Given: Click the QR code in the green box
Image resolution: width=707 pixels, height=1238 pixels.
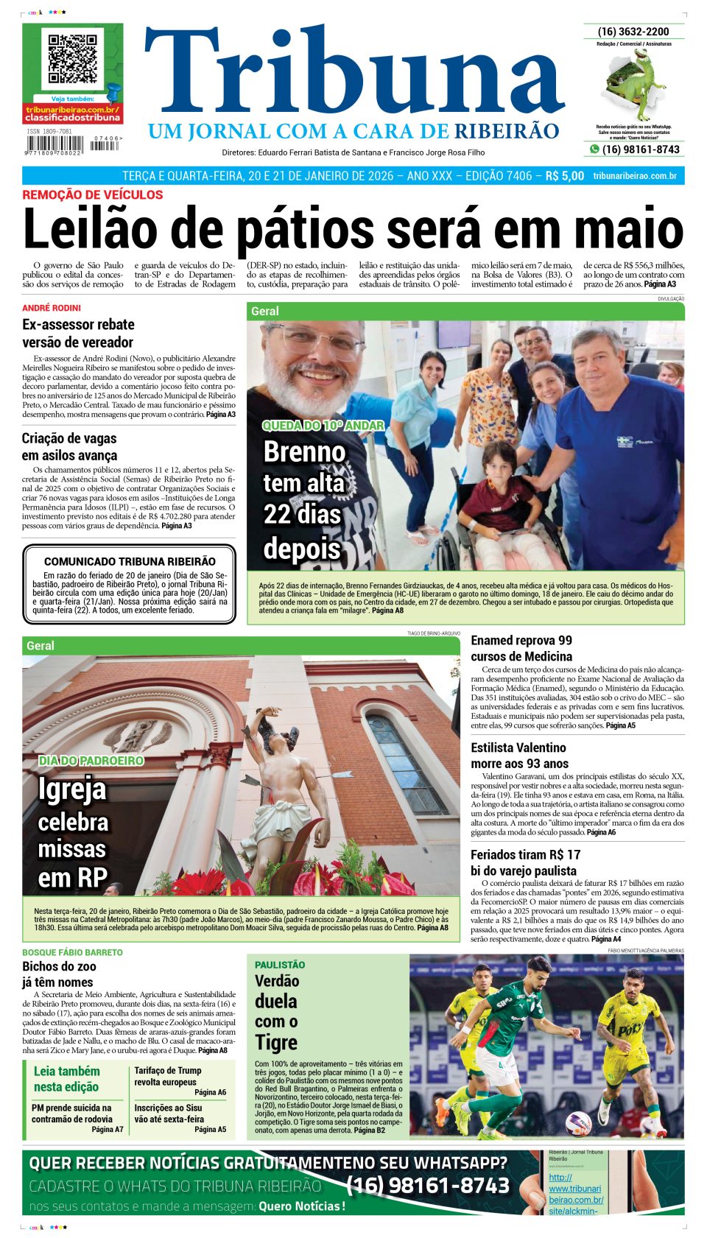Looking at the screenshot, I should click(x=73, y=58).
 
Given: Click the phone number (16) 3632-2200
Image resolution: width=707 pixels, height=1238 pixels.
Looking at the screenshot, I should click(x=633, y=32).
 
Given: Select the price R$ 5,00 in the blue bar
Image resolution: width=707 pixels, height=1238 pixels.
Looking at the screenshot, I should click(x=564, y=176).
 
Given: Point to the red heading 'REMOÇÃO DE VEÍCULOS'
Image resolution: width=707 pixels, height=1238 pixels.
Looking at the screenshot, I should click(x=92, y=194).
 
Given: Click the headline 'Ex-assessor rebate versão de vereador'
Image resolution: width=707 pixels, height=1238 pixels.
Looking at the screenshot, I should click(x=78, y=333).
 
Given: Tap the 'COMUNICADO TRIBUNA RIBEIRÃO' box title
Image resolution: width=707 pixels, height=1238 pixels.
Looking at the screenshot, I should click(x=130, y=561).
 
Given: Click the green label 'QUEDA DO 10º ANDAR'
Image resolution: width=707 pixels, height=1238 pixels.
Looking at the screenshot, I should click(x=323, y=425).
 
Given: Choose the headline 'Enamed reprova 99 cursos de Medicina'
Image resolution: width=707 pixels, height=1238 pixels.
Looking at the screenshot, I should click(x=521, y=648).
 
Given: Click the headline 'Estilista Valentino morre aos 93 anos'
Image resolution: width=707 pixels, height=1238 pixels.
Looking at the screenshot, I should click(x=519, y=756).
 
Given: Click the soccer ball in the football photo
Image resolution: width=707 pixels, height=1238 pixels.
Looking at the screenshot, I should click(x=578, y=1122).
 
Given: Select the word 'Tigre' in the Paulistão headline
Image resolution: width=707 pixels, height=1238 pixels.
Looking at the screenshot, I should click(x=276, y=1042).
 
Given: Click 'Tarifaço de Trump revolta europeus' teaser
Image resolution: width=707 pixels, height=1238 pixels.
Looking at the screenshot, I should click(x=168, y=1076).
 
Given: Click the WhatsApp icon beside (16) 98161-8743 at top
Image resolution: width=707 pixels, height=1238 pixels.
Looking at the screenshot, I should click(x=594, y=150).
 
